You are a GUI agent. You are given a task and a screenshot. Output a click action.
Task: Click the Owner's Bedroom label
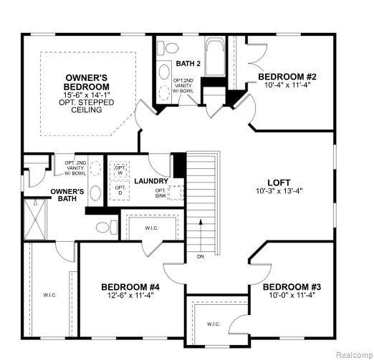pyautogui.click(x=87, y=82)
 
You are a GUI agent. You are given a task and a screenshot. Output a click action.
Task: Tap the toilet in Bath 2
pyautogui.click(x=168, y=48)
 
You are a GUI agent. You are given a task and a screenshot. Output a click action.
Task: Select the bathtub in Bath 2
pyautogui.click(x=215, y=57)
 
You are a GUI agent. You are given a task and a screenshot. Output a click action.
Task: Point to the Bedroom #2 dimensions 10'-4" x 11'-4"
pyautogui.click(x=287, y=85)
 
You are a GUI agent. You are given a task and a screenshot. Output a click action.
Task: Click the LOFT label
pyautogui.click(x=279, y=183)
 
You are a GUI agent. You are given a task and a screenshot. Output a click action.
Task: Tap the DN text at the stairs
pyautogui.click(x=201, y=257)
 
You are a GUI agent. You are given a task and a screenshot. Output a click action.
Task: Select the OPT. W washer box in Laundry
pyautogui.click(x=120, y=170)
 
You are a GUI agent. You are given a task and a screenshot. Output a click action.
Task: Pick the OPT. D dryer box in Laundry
pyautogui.click(x=120, y=190)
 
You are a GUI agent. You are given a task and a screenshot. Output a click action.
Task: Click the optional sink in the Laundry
pyautogui.click(x=176, y=193)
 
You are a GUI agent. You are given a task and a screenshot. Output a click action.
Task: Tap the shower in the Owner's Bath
pyautogui.click(x=35, y=219)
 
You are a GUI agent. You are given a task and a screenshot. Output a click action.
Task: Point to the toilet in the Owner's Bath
pyautogui.click(x=107, y=227)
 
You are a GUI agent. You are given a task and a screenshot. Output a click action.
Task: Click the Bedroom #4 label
pyautogui.click(x=130, y=287)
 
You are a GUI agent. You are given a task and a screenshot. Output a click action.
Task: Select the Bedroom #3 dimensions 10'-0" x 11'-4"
pyautogui.click(x=292, y=295)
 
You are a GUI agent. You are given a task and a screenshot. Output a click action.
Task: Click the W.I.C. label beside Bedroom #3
pyautogui.click(x=214, y=324)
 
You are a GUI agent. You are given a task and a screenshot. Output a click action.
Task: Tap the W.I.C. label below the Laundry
pyautogui.click(x=152, y=228)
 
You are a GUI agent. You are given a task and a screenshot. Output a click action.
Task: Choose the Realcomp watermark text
pyautogui.click(x=355, y=355)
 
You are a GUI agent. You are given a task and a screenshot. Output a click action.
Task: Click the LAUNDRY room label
pyautogui.click(x=151, y=181)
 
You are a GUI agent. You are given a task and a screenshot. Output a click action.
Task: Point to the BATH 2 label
pyautogui.click(x=188, y=64)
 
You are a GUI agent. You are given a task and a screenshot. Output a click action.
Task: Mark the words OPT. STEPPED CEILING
pyautogui.click(x=87, y=106)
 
